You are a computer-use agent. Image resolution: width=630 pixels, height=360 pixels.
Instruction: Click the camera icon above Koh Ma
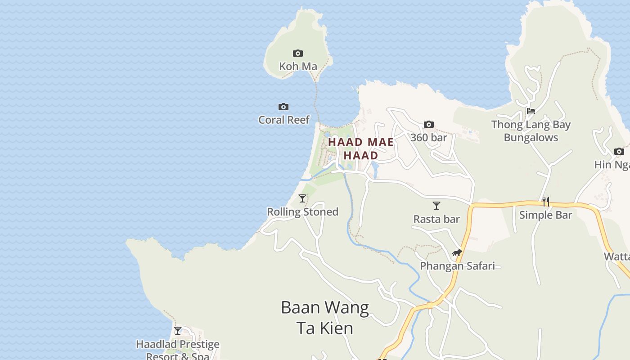(297, 54)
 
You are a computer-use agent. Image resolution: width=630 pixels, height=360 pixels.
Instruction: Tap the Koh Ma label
(298, 67)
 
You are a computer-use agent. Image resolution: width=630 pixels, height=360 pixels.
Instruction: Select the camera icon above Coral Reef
(283, 107)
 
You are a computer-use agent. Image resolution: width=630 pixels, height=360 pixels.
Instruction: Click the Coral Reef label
(284, 120)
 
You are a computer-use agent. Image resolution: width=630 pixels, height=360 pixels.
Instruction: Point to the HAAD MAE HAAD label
(361, 148)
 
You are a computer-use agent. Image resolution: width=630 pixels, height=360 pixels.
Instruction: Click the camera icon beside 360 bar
(429, 125)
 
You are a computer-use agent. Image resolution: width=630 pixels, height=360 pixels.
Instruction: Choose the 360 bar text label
(428, 138)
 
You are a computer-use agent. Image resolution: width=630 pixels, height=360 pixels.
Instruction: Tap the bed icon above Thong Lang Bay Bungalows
(531, 111)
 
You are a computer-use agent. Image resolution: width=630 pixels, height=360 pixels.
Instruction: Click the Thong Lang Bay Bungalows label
(531, 131)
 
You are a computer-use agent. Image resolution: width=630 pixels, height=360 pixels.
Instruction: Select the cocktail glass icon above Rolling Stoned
(302, 198)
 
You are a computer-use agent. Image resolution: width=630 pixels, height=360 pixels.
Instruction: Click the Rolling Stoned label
(302, 212)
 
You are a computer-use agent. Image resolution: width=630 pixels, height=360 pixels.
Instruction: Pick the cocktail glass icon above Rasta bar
(436, 206)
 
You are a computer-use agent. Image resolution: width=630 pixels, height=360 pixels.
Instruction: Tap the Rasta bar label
(436, 219)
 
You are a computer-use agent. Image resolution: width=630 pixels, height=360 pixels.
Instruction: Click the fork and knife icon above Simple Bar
(546, 201)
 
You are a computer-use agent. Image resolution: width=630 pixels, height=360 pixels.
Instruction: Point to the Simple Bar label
(545, 215)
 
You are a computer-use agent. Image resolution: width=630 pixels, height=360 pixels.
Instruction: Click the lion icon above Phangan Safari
(457, 253)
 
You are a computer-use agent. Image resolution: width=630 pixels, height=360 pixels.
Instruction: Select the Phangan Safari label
(457, 266)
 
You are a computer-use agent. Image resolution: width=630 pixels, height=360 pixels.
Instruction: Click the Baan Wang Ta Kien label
(325, 318)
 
